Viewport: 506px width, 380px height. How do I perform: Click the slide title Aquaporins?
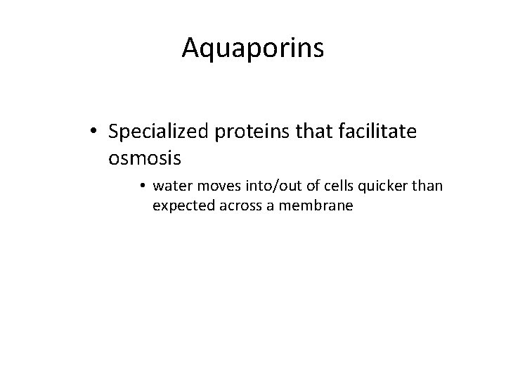click(x=252, y=47)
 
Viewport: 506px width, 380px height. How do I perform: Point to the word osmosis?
click(x=145, y=158)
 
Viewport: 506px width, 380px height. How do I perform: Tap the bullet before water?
click(x=142, y=186)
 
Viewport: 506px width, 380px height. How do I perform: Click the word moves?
click(x=213, y=186)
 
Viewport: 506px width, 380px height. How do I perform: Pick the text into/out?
click(x=265, y=186)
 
